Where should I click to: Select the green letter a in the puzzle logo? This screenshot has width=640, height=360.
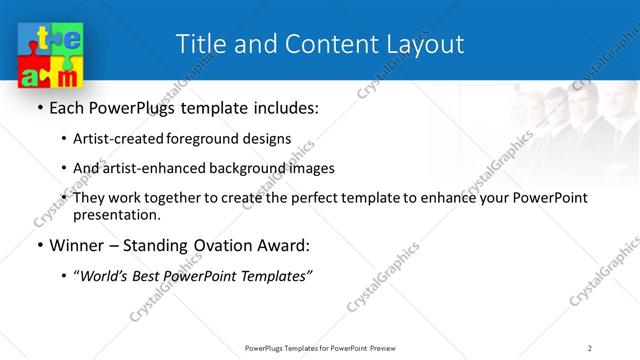[x=35, y=75]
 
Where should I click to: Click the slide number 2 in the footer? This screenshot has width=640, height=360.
[x=589, y=347]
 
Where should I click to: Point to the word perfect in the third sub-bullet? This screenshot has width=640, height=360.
[x=331, y=198]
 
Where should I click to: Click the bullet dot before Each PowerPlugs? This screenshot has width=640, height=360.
[x=39, y=108]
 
